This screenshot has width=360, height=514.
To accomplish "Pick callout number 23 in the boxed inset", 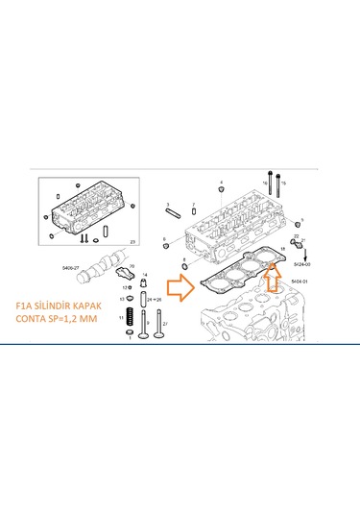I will coord(132,239).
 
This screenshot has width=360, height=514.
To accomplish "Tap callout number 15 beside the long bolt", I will coord(284,182).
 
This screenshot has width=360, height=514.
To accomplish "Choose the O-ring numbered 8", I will coord(184,264).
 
